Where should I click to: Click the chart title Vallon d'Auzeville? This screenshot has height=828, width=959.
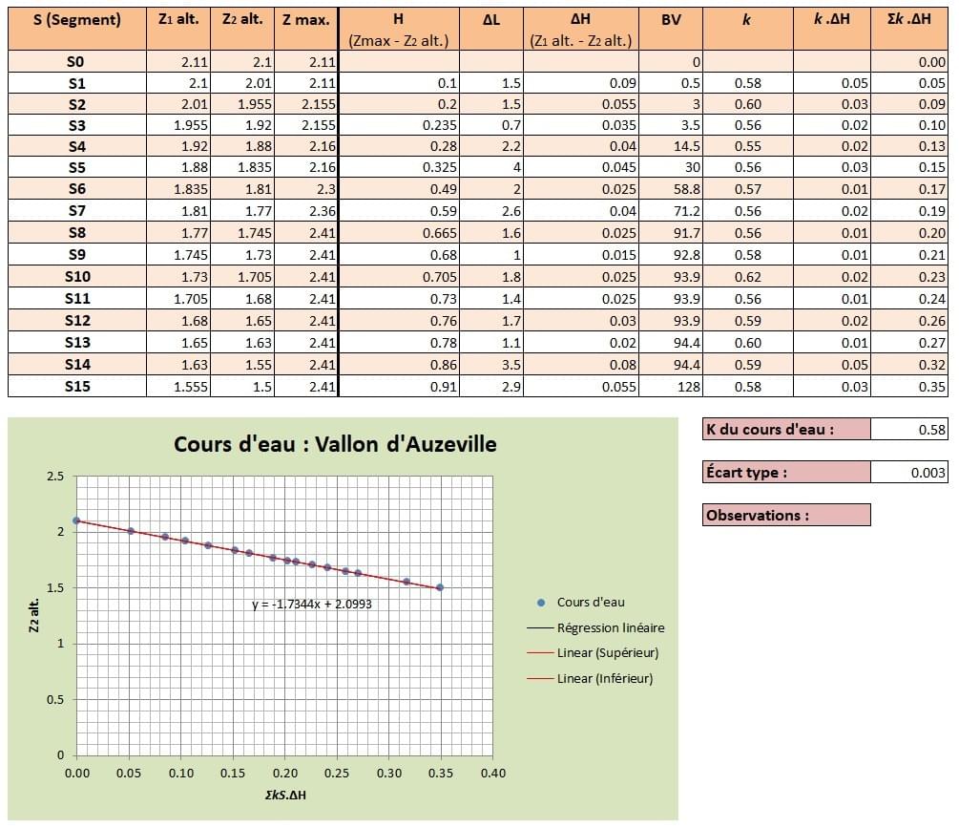tap(335, 444)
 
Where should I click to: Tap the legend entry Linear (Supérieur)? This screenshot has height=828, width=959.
tap(608, 653)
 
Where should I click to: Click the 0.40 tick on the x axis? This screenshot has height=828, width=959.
tap(492, 772)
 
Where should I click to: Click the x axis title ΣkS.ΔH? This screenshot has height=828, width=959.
tap(284, 795)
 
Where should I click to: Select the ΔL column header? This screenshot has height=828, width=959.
tap(491, 19)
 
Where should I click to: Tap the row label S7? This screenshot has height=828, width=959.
tap(76, 212)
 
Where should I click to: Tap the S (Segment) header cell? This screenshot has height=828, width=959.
tap(76, 19)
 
